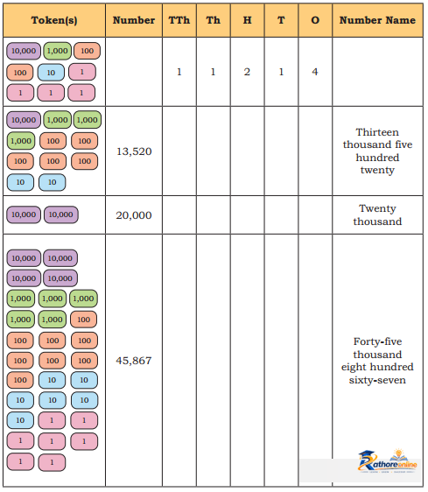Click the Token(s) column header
[x=54, y=20]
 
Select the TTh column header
[x=179, y=20]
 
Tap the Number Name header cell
[x=377, y=20]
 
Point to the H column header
[x=248, y=20]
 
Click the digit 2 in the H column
[x=247, y=72]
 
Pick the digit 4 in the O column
[x=315, y=72]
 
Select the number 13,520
[x=134, y=151]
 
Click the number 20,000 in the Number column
[x=134, y=215]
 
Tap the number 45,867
[x=134, y=361]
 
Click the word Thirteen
[x=377, y=132]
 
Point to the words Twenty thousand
[x=377, y=215]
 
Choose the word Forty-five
[x=377, y=341]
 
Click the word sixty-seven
[x=377, y=380]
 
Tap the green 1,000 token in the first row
[x=58, y=51]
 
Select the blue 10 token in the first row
[x=51, y=73]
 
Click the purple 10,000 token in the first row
[x=24, y=51]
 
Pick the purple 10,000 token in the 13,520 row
[x=24, y=120]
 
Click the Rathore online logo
[x=388, y=462]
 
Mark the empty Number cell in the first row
[x=134, y=72]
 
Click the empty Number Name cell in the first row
[x=377, y=72]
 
